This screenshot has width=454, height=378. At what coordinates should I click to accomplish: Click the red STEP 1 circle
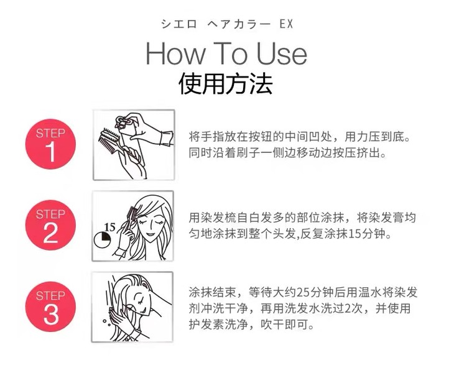[50, 144]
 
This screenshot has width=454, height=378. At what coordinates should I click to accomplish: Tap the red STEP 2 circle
[50, 225]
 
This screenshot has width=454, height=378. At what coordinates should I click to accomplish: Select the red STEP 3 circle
[50, 307]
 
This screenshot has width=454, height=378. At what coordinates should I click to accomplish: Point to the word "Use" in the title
[282, 53]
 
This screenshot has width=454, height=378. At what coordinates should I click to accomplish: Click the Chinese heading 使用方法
[226, 84]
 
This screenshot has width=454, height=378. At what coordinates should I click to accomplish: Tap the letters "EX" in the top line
[286, 24]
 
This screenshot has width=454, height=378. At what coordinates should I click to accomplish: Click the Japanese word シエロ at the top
[179, 24]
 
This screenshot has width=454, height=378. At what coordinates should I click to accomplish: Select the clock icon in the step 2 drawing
[103, 240]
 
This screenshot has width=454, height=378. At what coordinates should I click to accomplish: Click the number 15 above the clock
[109, 227]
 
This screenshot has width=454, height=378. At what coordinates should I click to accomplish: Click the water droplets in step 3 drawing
[106, 323]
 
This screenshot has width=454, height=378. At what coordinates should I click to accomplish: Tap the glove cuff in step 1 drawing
[166, 139]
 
